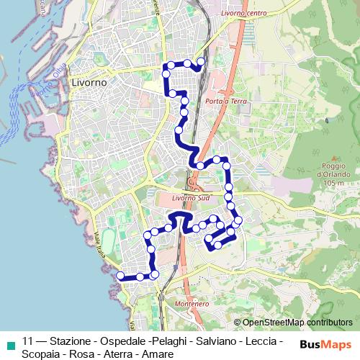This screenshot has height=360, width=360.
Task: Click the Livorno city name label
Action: point(89,83)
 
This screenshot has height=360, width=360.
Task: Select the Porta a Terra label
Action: point(226,102)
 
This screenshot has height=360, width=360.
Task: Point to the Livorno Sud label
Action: point(190,197)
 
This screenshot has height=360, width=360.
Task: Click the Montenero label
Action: point(192,304)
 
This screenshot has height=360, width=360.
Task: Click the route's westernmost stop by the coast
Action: point(120,276)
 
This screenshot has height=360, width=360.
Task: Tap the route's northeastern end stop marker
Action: point(201,62)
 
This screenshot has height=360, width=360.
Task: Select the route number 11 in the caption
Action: point(28,341)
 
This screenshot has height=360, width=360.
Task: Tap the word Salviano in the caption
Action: point(215,341)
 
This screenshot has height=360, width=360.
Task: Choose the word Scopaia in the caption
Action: point(41,354)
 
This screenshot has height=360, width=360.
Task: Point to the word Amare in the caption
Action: point(158,354)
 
